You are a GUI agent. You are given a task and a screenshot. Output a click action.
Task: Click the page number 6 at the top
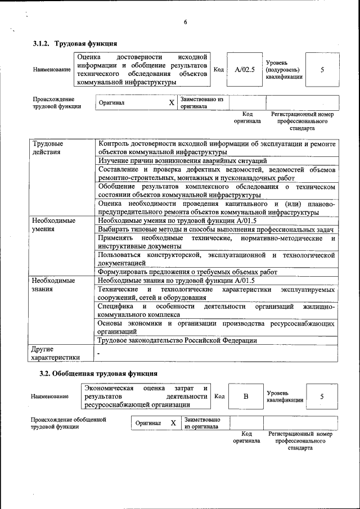(184, 22)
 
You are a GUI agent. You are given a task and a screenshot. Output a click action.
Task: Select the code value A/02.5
(245, 69)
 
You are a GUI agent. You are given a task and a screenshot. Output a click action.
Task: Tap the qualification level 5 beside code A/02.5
(322, 69)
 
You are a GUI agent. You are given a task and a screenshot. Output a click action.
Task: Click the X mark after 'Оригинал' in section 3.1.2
(172, 103)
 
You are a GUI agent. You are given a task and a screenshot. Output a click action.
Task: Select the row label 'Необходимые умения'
(53, 225)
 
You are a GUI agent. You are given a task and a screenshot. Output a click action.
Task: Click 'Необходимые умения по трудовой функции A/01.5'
(177, 221)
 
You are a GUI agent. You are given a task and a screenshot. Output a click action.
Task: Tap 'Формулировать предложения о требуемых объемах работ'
(187, 272)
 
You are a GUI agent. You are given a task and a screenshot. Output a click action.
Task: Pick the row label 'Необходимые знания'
(53, 285)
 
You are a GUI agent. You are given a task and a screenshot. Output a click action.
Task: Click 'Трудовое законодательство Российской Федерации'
(177, 340)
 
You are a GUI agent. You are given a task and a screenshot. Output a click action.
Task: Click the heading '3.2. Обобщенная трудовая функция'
(98, 373)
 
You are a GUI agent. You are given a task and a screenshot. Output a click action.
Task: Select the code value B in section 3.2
(246, 396)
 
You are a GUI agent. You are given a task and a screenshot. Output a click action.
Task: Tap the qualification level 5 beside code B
(322, 396)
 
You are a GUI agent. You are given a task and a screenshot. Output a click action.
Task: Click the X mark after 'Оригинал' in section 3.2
(173, 422)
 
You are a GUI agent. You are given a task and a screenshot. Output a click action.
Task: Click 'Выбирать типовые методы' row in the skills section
(216, 229)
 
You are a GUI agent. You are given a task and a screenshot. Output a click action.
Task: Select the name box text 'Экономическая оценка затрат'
(146, 396)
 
